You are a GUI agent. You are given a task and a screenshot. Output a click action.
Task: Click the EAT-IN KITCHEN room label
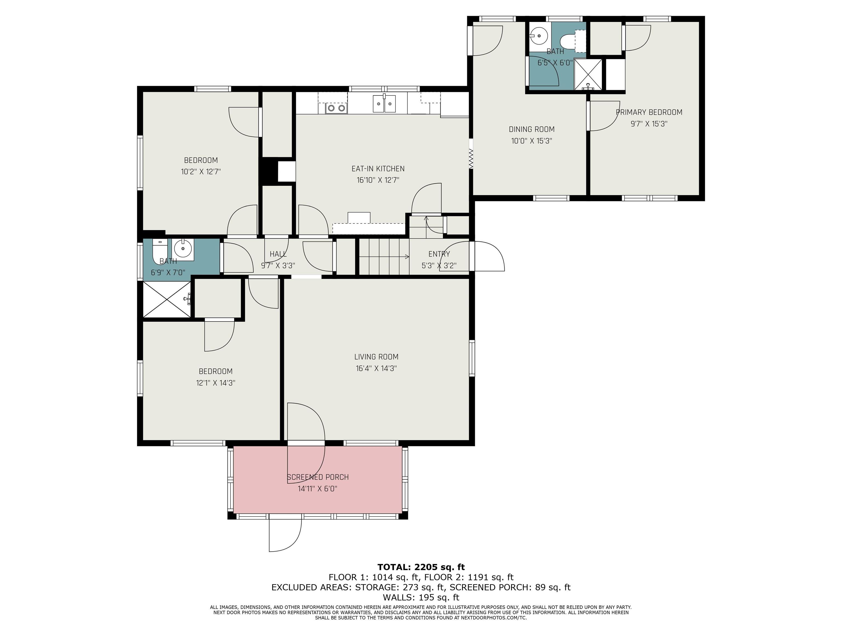click(x=378, y=168)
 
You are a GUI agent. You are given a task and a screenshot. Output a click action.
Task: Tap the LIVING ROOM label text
click(x=376, y=357)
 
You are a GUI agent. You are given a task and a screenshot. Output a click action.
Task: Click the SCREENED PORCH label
click(x=317, y=477)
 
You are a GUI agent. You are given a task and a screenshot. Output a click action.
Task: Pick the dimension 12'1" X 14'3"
click(x=215, y=383)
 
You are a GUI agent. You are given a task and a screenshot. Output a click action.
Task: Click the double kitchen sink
click(x=384, y=104)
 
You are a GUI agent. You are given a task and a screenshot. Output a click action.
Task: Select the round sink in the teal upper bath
click(x=539, y=36)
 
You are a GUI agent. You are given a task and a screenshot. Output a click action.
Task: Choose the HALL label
click(x=278, y=254)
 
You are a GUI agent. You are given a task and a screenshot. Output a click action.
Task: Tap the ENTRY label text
click(x=439, y=254)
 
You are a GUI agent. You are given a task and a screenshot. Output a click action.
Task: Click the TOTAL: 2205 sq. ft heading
click(x=421, y=567)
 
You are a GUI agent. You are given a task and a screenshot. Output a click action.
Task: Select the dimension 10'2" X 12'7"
click(x=201, y=172)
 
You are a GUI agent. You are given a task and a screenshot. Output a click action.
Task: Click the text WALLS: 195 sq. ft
click(x=421, y=597)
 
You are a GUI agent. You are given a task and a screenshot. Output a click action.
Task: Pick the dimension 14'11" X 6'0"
click(x=317, y=489)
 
